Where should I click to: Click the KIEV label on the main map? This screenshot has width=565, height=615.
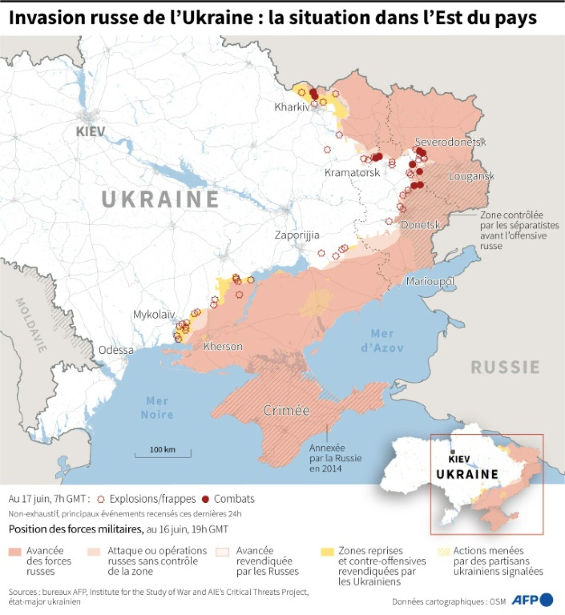90,131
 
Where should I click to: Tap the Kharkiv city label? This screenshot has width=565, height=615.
292,107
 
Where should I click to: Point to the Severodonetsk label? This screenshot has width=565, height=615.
450,142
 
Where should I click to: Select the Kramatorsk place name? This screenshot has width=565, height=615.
352,173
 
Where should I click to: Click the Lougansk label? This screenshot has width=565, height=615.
471,176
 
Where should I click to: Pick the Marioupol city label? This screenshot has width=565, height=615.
430,281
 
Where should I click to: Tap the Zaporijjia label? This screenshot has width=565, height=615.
297,235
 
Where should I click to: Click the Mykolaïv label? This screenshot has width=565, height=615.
154,315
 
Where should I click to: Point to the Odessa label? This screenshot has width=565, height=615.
116,350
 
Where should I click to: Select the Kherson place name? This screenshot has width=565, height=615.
223,346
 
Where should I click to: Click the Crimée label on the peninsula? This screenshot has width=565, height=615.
286,410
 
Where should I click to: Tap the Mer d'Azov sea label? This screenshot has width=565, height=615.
382,340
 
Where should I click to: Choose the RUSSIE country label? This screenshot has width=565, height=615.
505,367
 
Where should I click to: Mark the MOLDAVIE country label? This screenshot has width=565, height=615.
31,325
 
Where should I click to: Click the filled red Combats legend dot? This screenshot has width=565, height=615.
206,499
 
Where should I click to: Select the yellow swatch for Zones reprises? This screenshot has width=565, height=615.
327,552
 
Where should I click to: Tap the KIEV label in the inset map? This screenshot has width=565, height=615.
459,459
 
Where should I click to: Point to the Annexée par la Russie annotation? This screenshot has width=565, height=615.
335,458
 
